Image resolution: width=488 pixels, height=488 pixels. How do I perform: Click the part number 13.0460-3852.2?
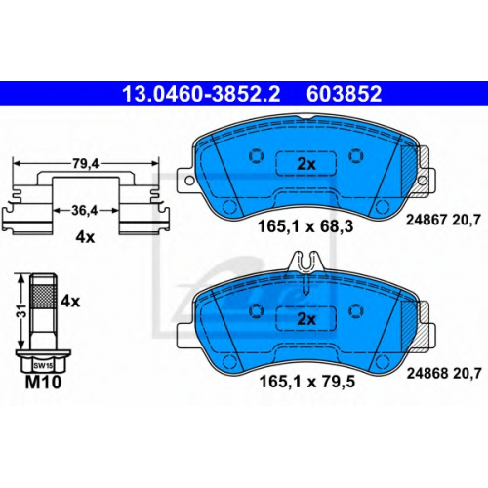click(x=201, y=94)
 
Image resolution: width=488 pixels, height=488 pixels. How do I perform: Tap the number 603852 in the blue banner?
click(x=344, y=94)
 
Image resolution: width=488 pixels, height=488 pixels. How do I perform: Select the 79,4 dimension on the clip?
click(x=86, y=164)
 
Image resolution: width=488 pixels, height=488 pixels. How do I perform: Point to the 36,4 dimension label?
click(x=85, y=211)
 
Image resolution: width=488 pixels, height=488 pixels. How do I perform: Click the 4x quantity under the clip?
click(x=85, y=237)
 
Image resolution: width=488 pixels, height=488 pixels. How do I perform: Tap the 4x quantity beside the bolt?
click(x=70, y=302)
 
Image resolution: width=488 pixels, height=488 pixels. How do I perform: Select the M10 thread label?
click(x=43, y=382)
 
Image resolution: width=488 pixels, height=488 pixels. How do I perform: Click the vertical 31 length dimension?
click(x=21, y=311)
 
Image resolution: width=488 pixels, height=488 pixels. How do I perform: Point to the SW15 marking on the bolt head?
click(x=43, y=366)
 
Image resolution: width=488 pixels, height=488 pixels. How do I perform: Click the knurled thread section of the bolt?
click(x=43, y=296)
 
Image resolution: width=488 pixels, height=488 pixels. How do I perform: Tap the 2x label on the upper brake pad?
click(x=306, y=164)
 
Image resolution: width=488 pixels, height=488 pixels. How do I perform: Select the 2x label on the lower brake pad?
click(x=306, y=319)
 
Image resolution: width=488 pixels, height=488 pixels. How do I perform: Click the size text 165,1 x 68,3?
click(x=305, y=226)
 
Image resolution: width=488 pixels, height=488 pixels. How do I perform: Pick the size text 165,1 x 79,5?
click(x=306, y=382)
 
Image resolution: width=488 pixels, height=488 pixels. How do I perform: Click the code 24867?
click(x=427, y=221)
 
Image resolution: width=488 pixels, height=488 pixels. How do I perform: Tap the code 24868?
click(x=427, y=373)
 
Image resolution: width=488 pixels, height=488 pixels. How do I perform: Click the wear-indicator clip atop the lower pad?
click(x=305, y=262)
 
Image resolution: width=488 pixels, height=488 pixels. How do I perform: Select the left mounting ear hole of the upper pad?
click(x=189, y=181)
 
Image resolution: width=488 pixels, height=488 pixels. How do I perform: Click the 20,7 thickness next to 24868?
click(x=467, y=373)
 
